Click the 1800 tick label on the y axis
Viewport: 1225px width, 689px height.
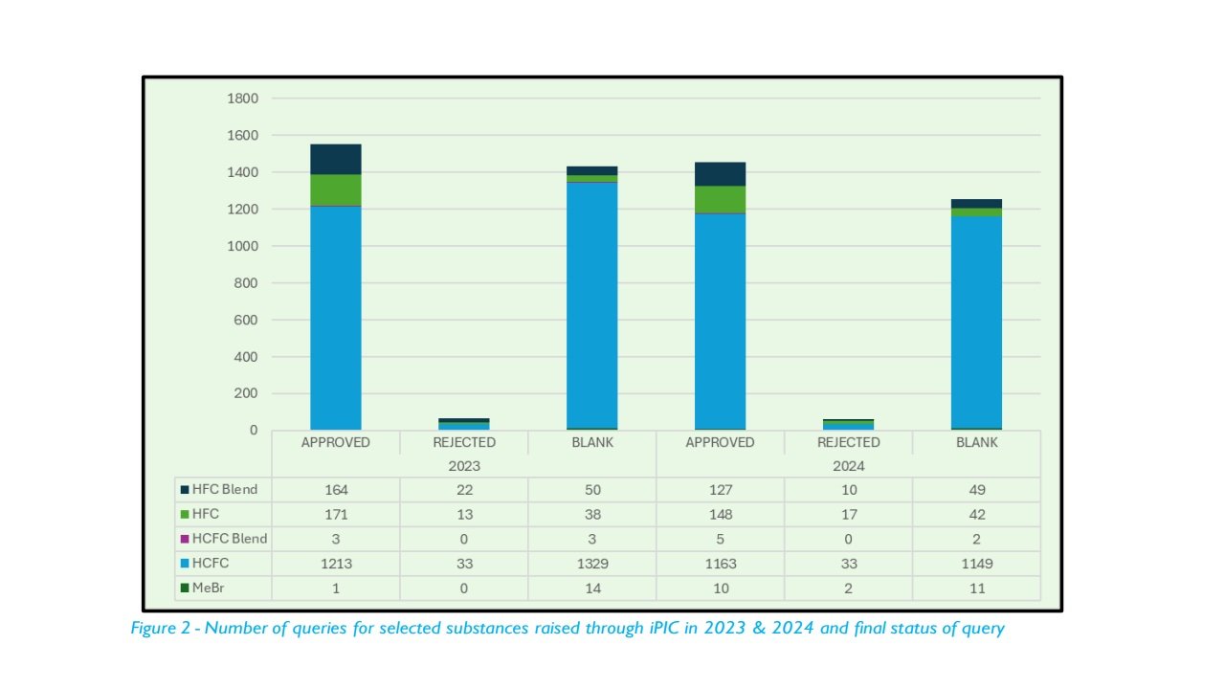(x=242, y=99)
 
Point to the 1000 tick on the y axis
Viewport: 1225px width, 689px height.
(x=242, y=246)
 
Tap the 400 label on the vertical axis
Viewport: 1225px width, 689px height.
(x=246, y=357)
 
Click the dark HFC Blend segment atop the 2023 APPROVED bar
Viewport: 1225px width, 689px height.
(x=336, y=159)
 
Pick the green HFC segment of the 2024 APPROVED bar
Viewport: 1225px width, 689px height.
(x=720, y=199)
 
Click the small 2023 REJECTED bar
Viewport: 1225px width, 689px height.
(x=464, y=423)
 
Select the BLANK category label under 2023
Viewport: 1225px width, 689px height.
(x=592, y=443)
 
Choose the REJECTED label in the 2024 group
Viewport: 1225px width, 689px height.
(x=848, y=443)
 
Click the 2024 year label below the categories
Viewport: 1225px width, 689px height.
(x=848, y=466)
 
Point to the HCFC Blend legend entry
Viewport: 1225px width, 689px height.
(x=229, y=539)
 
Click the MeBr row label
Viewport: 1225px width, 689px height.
(x=208, y=588)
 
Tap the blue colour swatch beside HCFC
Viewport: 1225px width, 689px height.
(x=185, y=564)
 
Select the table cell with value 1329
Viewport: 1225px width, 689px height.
(x=592, y=564)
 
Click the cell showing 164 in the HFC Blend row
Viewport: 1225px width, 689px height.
(x=336, y=490)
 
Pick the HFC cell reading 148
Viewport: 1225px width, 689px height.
(x=720, y=514)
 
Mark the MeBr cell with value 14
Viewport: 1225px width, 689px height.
(x=592, y=588)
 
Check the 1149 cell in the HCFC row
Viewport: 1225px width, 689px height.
(x=976, y=564)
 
